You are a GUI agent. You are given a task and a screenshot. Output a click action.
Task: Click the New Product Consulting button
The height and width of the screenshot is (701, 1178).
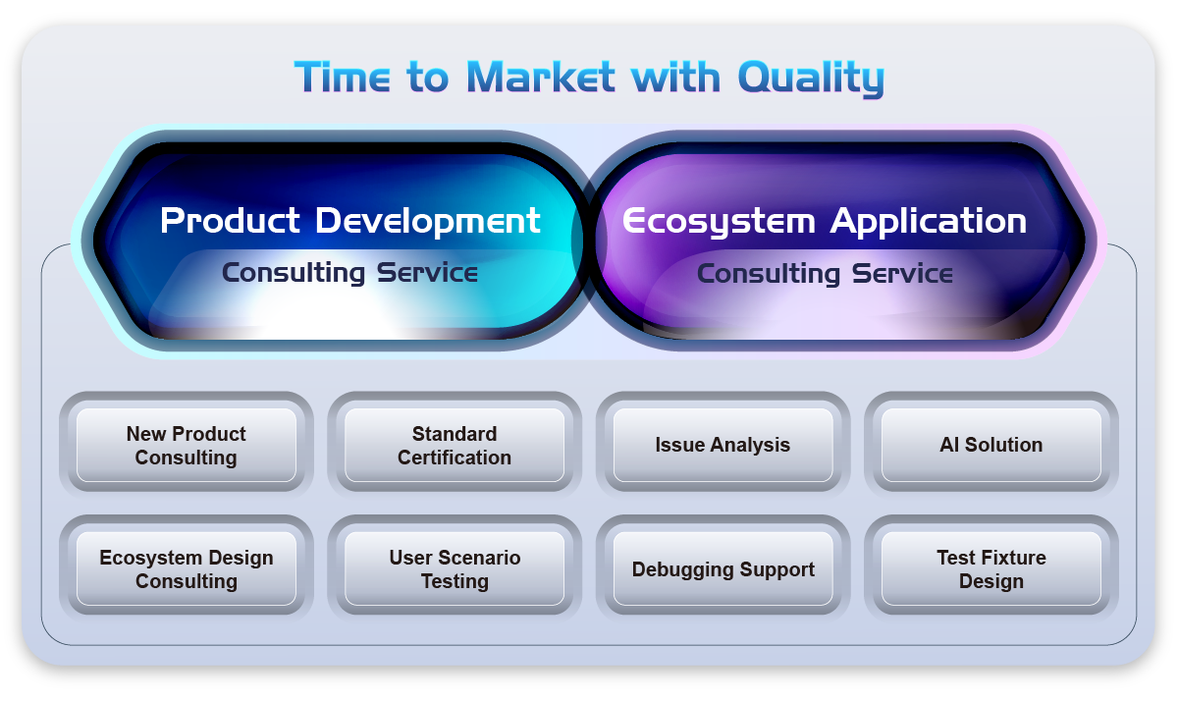(x=187, y=445)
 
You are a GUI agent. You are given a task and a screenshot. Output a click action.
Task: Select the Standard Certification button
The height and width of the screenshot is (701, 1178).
(x=455, y=445)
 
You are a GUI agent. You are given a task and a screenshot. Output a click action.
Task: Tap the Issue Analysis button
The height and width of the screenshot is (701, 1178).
(x=723, y=445)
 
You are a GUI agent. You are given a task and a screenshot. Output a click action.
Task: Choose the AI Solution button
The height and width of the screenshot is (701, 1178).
(x=991, y=445)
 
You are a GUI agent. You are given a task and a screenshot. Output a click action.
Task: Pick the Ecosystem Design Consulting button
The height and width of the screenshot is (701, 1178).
(x=187, y=568)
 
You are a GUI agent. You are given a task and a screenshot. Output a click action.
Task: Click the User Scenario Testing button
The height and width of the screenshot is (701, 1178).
(x=455, y=568)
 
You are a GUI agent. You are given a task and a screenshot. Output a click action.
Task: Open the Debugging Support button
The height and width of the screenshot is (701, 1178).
(x=723, y=568)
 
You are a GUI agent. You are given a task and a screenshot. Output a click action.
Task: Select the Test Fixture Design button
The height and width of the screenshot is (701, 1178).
(x=991, y=568)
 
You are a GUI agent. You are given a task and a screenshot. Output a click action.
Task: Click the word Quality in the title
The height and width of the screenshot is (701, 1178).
(x=811, y=79)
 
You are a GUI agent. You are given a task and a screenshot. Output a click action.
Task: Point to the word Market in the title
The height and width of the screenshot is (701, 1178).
(x=541, y=77)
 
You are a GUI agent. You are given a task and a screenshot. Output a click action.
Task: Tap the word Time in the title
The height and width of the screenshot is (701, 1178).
(x=343, y=77)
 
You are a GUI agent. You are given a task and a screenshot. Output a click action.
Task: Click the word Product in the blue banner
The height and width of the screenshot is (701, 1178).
(x=230, y=220)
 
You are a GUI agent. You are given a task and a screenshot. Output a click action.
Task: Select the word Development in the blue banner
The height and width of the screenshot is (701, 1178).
(x=428, y=222)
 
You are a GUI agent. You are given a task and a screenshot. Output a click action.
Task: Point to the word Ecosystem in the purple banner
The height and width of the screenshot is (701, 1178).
(x=719, y=222)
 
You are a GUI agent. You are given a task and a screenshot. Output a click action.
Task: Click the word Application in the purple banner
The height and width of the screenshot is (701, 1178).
(x=929, y=222)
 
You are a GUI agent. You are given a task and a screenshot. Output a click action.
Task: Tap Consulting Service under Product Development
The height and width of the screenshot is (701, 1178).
(x=349, y=273)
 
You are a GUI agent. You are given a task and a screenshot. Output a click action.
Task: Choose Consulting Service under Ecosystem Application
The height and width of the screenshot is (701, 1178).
(x=825, y=274)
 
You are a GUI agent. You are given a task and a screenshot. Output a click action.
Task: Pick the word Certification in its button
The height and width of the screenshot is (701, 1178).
(x=455, y=458)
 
